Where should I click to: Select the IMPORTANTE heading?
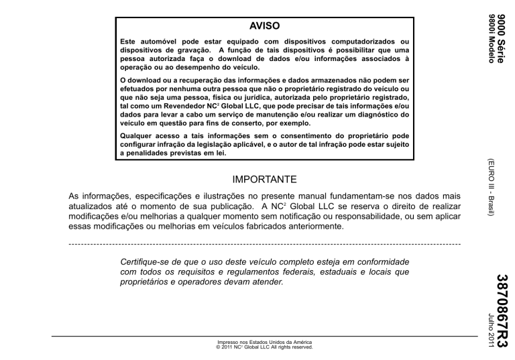coord(265,180)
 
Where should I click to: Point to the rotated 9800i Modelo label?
coord(491,38)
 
